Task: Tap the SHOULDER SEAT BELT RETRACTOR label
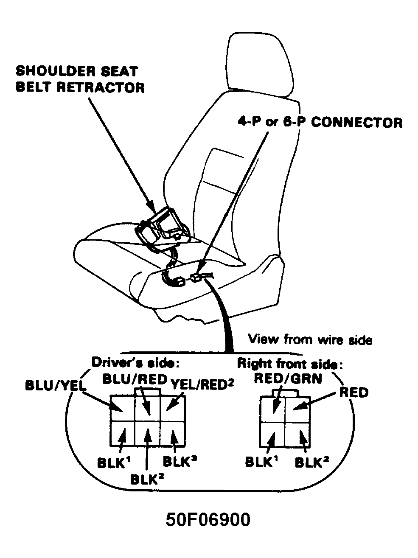[80, 79]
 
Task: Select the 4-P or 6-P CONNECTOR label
[320, 122]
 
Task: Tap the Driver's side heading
[135, 362]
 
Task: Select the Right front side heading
[290, 364]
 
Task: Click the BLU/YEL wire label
[56, 386]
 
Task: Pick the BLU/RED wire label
[135, 379]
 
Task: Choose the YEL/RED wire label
[202, 384]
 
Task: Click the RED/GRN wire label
[288, 379]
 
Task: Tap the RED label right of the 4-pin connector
[354, 393]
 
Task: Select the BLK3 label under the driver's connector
[180, 461]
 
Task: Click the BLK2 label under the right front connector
[312, 462]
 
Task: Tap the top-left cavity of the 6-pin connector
[122, 408]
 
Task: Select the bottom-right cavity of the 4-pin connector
[297, 435]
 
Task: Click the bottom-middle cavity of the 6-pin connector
[147, 433]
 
